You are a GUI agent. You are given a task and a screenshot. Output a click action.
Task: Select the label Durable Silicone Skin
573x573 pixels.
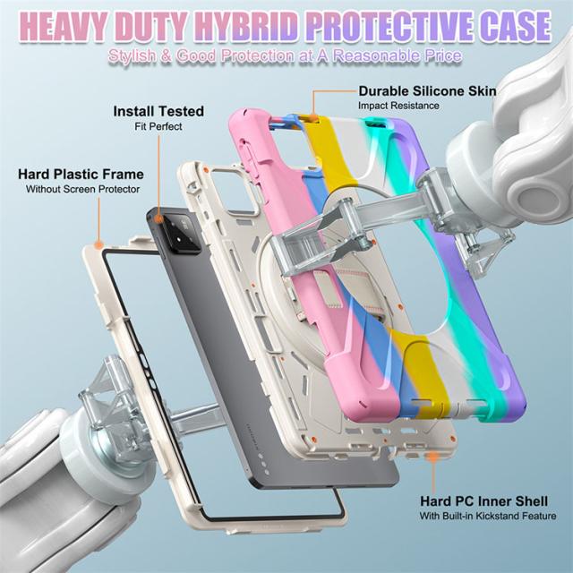(x=427, y=91)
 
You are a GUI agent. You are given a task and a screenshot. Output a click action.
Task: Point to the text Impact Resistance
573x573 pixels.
(x=398, y=106)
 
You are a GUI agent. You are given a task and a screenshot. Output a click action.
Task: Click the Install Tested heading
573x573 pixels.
(x=158, y=111)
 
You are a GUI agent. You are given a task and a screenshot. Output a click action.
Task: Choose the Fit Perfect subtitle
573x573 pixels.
(x=158, y=126)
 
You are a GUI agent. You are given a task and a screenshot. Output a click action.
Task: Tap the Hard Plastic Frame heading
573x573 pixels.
(x=81, y=174)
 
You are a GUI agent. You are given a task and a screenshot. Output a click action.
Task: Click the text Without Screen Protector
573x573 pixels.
(x=82, y=189)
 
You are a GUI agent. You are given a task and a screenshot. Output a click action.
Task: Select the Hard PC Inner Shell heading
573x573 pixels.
(x=483, y=501)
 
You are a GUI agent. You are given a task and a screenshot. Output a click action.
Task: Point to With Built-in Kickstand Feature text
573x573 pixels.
(x=488, y=516)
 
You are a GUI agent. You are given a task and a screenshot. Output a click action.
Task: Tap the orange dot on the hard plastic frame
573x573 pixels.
(x=98, y=244)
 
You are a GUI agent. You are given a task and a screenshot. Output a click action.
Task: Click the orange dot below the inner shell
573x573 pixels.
(x=433, y=457)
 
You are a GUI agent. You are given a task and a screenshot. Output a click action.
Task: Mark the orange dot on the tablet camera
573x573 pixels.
(x=158, y=218)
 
